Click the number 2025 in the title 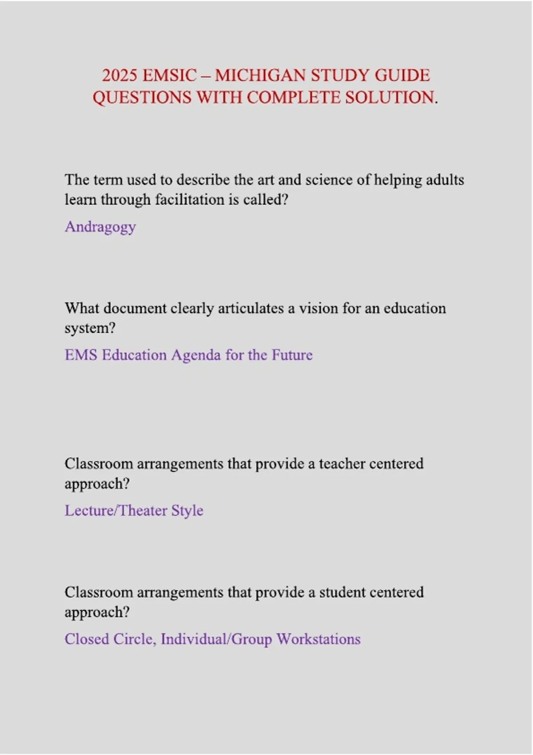(x=119, y=75)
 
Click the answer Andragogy (x=100, y=227)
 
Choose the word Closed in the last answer (x=87, y=639)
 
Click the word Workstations (x=318, y=639)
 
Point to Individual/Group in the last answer (x=216, y=640)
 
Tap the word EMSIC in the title (x=169, y=75)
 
